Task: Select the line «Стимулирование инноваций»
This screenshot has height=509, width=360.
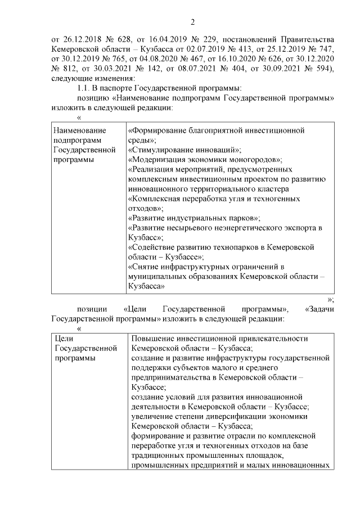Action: click(186, 150)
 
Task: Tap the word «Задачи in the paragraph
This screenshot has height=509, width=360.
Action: click(319, 309)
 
